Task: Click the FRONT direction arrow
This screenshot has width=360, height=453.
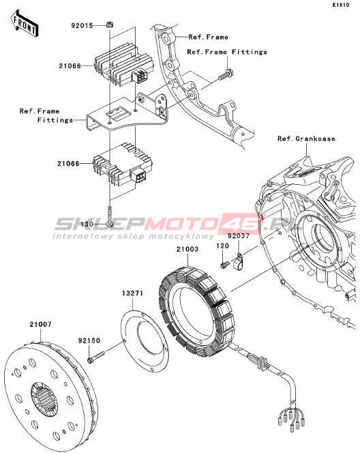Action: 25,24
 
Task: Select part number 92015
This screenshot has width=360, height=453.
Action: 82,26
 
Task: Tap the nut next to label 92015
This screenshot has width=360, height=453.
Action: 109,25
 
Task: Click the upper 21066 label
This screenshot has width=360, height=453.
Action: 70,66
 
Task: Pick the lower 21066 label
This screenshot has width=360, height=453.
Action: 68,164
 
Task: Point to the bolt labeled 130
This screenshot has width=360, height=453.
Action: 109,216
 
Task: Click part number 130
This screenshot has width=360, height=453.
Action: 87,224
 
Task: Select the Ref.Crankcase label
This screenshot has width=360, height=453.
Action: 306,138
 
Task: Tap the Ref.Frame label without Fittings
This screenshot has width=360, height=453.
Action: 208,37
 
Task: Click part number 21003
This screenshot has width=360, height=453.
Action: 187,249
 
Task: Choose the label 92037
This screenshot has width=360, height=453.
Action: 239,236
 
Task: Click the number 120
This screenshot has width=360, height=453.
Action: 222,246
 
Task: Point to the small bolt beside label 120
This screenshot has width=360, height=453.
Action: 225,264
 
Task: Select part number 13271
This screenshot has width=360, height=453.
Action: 132,293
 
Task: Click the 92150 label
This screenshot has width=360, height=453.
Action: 89,340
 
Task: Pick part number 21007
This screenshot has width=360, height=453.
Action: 40,325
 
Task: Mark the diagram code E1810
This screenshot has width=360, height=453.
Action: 341,5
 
